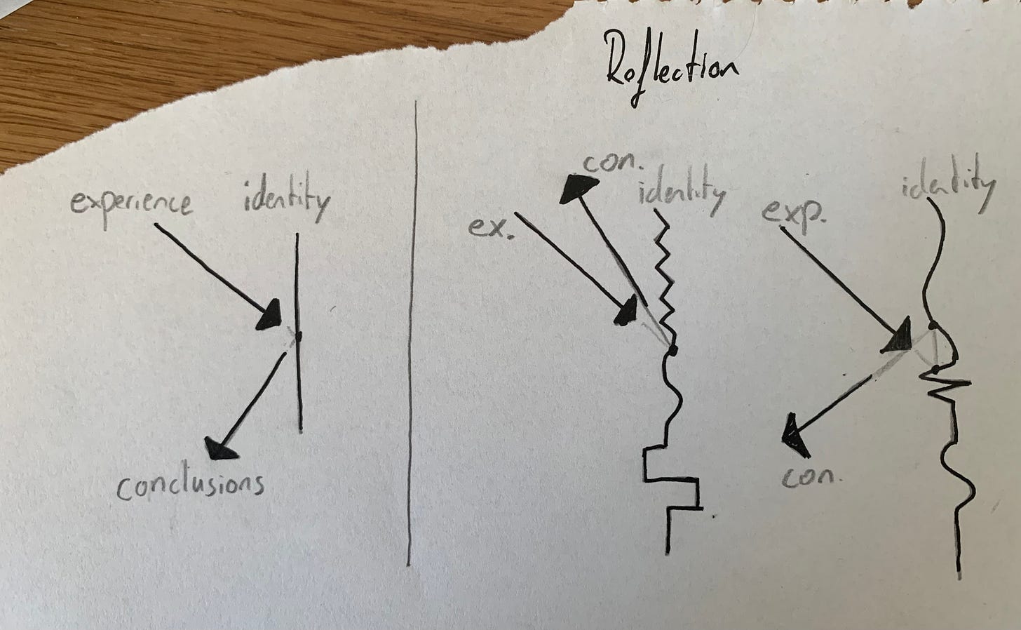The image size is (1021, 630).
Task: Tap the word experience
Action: click(x=132, y=203)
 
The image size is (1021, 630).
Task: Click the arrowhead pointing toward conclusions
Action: click(x=220, y=446)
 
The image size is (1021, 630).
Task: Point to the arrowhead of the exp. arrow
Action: click(x=897, y=337)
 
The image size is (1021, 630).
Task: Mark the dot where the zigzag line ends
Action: click(x=672, y=348)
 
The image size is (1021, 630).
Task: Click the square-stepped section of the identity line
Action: click(x=672, y=484)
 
